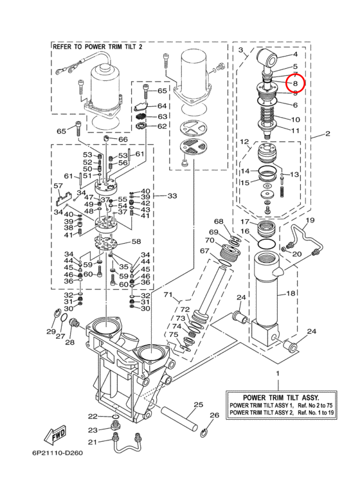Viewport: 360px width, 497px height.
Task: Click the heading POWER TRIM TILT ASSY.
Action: (x=281, y=397)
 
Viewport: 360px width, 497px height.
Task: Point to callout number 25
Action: (x=198, y=405)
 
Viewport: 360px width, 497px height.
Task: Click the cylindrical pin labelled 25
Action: (x=179, y=418)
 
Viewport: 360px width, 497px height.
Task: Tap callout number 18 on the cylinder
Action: (x=291, y=293)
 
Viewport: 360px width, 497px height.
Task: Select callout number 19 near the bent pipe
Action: (x=310, y=220)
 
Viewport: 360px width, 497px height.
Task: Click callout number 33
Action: (x=172, y=196)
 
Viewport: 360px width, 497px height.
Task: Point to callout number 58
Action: (x=136, y=242)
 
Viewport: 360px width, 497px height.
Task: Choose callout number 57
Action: (x=59, y=186)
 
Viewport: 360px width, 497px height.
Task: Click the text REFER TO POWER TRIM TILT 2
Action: (x=98, y=47)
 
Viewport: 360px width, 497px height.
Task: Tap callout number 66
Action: (x=123, y=139)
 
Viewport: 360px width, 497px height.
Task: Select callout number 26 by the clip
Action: (x=215, y=415)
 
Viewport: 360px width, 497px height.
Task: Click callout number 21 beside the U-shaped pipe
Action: (x=92, y=442)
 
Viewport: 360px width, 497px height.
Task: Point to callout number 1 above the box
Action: (x=278, y=374)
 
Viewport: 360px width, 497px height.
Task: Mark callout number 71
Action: (x=168, y=295)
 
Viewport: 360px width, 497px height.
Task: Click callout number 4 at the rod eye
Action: (x=295, y=54)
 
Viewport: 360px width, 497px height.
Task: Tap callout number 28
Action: (x=69, y=342)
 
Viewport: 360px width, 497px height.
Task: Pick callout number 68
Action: (x=219, y=221)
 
